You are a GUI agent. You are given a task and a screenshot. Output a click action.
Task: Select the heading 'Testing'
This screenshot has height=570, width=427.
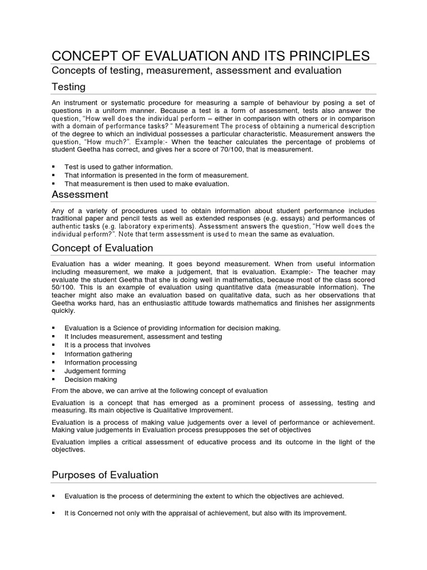coord(68,87)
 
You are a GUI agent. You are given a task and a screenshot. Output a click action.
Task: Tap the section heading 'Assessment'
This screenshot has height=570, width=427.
coord(80,194)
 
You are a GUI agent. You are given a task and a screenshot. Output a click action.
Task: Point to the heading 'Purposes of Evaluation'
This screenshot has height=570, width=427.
coord(105,475)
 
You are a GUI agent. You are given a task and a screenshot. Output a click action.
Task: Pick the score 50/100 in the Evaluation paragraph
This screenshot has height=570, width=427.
coord(63,287)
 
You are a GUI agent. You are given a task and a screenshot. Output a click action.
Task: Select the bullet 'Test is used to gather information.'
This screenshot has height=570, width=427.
coord(118,166)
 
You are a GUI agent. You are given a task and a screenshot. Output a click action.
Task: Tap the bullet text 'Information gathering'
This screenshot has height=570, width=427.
coord(98,353)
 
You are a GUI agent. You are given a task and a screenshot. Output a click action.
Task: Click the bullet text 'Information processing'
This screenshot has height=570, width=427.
coord(100,362)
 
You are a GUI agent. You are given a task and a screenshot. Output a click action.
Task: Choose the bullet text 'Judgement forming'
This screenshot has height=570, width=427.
coord(95,371)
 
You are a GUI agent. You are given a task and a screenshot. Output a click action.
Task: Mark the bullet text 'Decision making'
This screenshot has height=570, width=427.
coord(91,380)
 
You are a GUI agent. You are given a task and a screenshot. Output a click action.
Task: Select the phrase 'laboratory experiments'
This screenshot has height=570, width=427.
coord(148,227)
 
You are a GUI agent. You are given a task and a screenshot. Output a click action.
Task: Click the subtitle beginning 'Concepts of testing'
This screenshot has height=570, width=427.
coord(196,71)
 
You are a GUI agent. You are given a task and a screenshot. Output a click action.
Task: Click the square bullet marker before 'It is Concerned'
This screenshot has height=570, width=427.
coord(54,513)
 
